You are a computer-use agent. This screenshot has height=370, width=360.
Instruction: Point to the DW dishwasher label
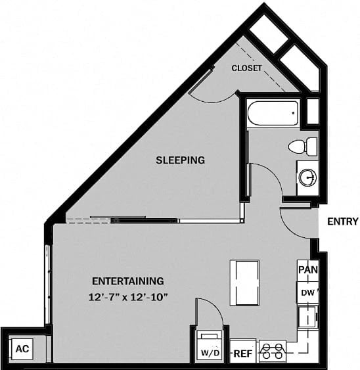(307, 292)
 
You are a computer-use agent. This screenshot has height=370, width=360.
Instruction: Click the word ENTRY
(342, 221)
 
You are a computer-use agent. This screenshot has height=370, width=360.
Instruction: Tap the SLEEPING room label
(180, 160)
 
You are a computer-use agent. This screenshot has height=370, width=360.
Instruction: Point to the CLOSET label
(246, 68)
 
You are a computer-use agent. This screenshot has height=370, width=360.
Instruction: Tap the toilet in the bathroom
(300, 145)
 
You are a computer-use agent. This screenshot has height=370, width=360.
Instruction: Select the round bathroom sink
(307, 177)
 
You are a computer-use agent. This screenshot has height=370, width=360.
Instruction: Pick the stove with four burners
(273, 352)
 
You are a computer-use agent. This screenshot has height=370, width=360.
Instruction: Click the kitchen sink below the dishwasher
(306, 319)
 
